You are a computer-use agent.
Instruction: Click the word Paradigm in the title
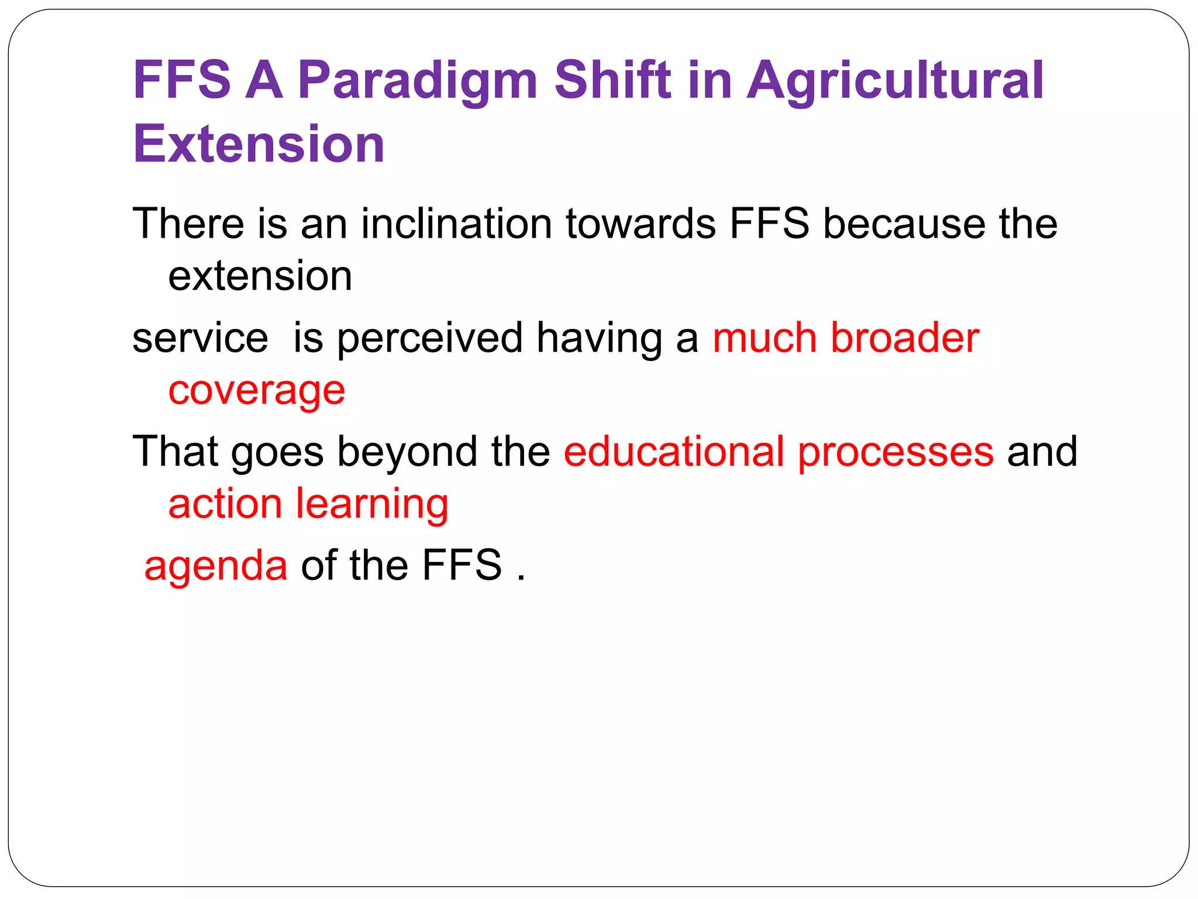point(417,81)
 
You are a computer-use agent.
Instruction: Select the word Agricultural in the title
point(895,81)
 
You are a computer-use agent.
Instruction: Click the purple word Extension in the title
point(259,144)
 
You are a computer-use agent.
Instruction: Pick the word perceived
point(429,339)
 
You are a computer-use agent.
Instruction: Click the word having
point(600,339)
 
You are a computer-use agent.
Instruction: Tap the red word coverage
point(257,391)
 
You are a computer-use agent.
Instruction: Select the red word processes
point(896,452)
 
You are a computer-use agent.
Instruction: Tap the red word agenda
point(216,566)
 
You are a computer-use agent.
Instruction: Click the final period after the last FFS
point(521,578)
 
